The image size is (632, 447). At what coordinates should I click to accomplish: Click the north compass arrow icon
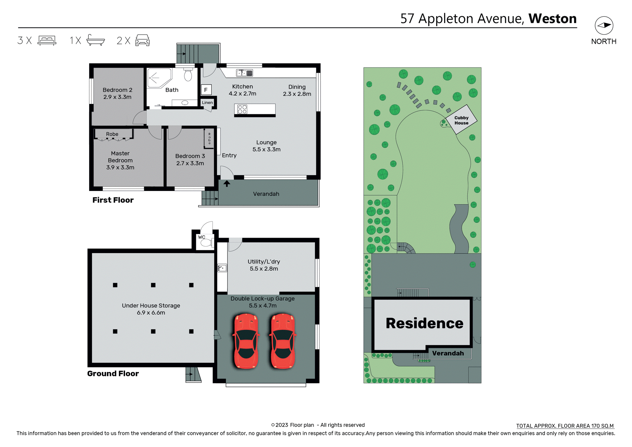[604, 25]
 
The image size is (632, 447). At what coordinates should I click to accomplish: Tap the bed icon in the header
[47, 40]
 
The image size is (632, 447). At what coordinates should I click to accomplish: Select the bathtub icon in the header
[95, 40]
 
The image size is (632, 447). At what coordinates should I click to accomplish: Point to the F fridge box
[206, 90]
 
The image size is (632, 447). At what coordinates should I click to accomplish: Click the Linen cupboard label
[207, 102]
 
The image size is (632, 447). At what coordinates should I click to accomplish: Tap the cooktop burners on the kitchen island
[242, 109]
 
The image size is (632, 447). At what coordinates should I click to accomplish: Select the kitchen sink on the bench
[245, 73]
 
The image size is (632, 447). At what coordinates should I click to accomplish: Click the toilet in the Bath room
[188, 75]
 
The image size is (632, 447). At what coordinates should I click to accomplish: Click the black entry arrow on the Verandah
[227, 183]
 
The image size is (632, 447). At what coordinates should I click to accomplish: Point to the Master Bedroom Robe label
[112, 134]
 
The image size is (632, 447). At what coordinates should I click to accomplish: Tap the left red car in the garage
[246, 341]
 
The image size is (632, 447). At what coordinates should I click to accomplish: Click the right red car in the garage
[282, 341]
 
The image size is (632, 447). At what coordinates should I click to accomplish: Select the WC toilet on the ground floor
[206, 243]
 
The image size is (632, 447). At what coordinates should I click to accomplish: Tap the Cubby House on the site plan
[461, 120]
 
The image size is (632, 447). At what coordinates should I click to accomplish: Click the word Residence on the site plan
[424, 323]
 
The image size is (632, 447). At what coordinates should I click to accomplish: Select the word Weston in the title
[552, 18]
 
